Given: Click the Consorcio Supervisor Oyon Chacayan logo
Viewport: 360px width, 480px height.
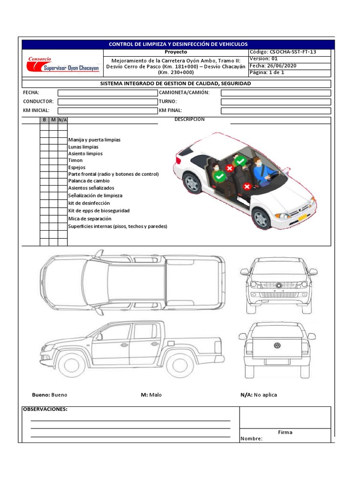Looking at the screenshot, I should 63,65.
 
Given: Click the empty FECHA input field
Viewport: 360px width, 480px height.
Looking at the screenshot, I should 108,93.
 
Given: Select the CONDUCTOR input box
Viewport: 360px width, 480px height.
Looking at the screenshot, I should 108,102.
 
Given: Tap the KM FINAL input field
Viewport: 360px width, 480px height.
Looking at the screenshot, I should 276,111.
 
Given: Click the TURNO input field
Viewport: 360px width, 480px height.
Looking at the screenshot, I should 276,102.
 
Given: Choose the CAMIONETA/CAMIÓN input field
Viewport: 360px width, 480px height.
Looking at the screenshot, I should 276,93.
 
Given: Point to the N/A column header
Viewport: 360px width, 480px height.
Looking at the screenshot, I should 62,120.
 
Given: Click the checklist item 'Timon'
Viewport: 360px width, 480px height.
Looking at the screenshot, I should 75,160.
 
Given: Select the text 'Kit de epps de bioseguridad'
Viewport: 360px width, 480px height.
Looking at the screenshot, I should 99,211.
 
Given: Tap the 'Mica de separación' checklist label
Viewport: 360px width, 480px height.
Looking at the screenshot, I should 90,219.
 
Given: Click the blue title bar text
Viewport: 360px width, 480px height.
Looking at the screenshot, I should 178,44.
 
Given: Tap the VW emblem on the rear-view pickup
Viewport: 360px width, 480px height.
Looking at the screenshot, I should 277,346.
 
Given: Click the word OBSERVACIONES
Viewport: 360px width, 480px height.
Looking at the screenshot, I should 45,409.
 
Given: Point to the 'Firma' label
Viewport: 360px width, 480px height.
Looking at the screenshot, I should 285,432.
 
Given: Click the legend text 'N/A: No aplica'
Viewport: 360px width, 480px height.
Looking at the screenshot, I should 259,395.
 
